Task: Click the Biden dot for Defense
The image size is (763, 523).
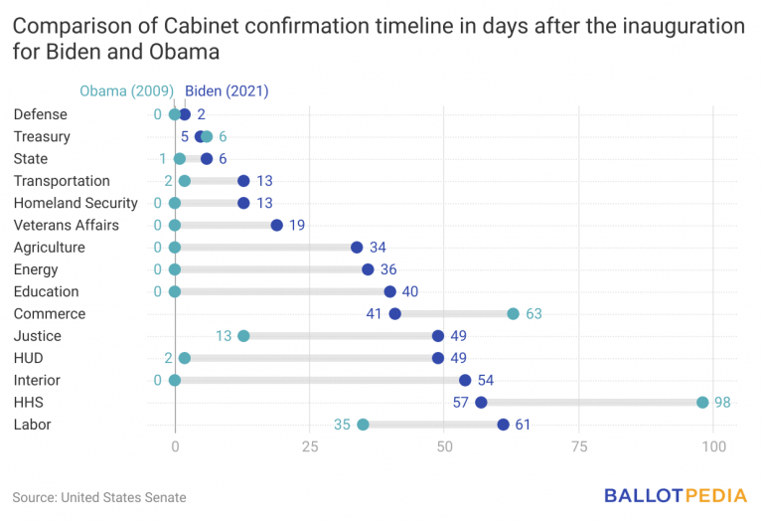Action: (185, 114)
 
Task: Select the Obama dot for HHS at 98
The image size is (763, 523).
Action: (702, 403)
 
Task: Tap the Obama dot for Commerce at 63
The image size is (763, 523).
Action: (514, 314)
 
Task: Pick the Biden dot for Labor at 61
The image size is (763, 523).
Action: (504, 425)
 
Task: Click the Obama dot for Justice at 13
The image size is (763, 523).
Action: (243, 336)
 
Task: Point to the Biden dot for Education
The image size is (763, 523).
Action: (390, 291)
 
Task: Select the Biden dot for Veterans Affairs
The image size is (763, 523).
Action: (277, 226)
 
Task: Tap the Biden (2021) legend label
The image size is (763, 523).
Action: (227, 91)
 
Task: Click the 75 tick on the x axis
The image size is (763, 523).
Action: (579, 447)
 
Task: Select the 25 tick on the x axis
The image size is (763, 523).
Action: (310, 447)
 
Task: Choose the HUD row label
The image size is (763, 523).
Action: (29, 358)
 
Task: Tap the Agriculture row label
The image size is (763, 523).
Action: (49, 248)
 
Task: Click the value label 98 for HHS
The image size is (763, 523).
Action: (723, 403)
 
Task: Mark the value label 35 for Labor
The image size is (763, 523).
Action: (342, 425)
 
